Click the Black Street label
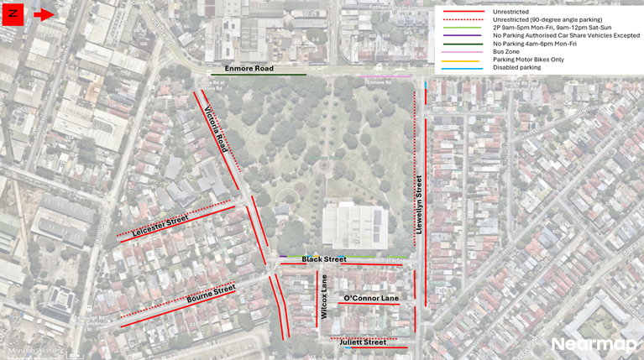pyautogui.click(x=324, y=259)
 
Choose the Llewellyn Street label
pyautogui.click(x=418, y=203)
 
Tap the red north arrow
pyautogui.click(x=44, y=14)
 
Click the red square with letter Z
pyautogui.click(x=13, y=14)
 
